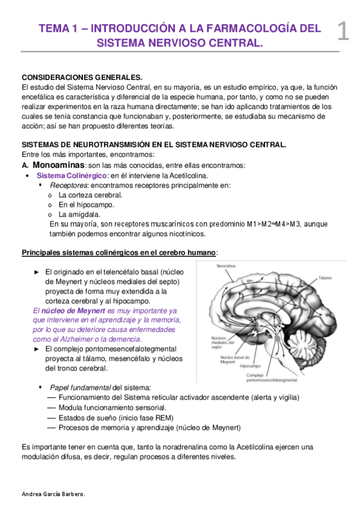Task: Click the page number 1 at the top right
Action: point(343,31)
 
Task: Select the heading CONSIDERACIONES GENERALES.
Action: point(82,78)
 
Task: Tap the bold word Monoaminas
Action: point(58,165)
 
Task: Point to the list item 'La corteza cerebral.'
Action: point(90,195)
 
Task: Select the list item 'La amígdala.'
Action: point(79,214)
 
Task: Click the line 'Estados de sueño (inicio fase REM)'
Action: point(117,417)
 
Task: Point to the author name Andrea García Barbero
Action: point(53,494)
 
